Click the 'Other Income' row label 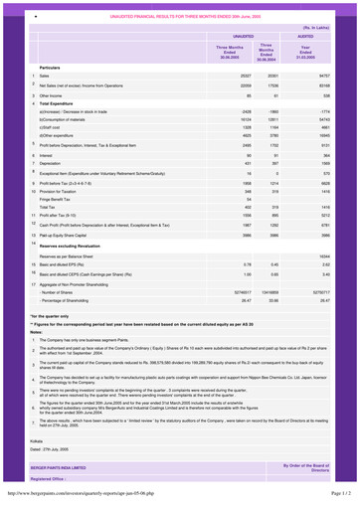coord(40,128)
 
